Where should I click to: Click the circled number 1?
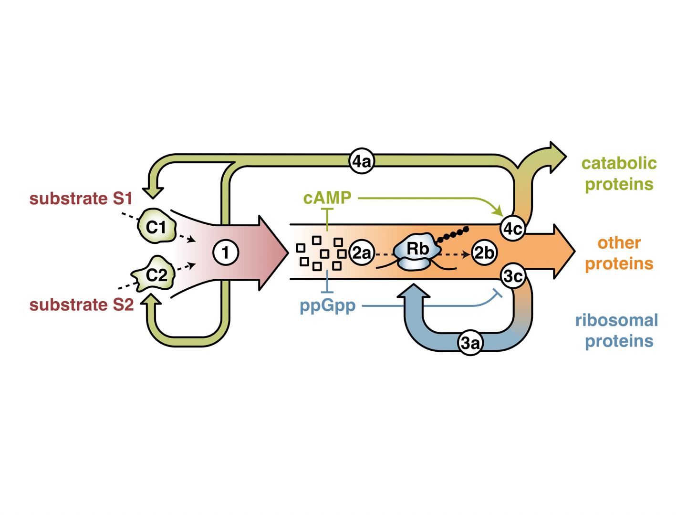(x=225, y=252)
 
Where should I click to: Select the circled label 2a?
(x=361, y=253)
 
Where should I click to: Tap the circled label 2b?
(x=484, y=253)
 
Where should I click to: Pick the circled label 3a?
(x=471, y=343)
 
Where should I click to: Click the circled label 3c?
(x=513, y=276)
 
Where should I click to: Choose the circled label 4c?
(x=512, y=229)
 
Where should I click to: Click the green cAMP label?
(x=327, y=197)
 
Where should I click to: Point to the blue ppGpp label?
(x=327, y=305)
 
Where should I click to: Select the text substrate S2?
(x=82, y=305)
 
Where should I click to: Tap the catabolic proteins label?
(x=619, y=173)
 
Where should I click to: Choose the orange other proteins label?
(x=619, y=253)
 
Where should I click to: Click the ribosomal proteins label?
(x=616, y=330)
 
